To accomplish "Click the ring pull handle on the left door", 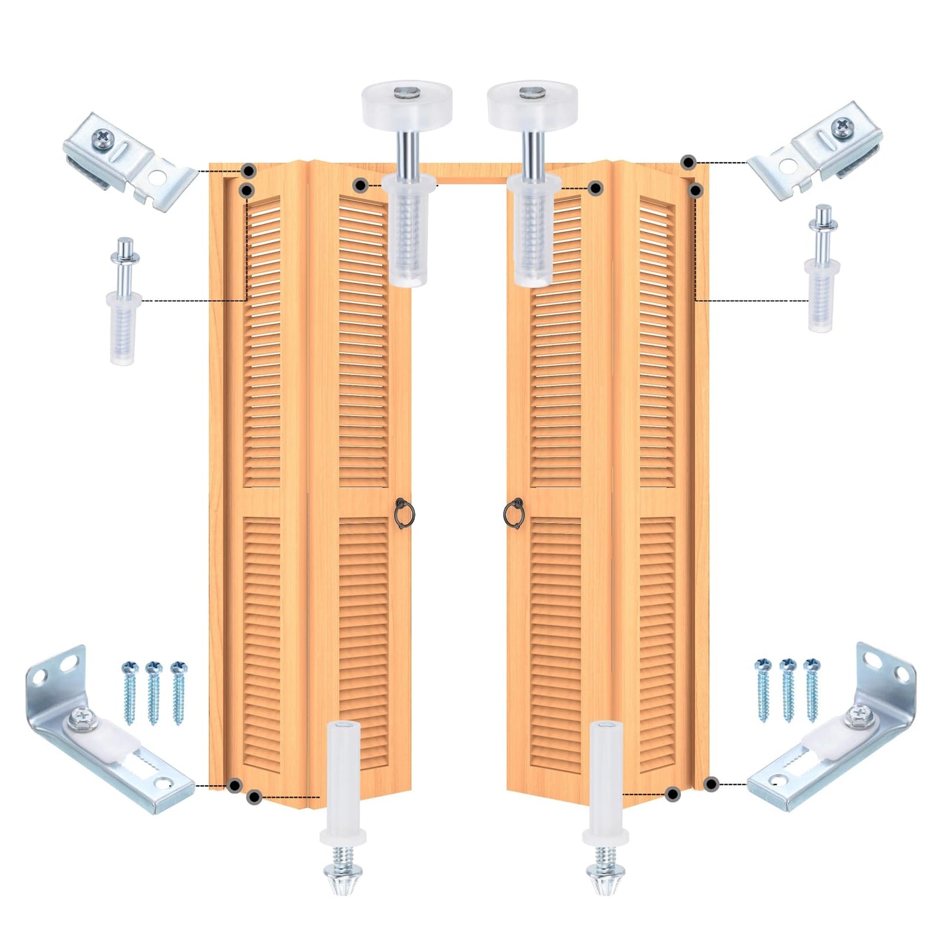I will point(402,513).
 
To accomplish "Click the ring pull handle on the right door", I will point(513,513).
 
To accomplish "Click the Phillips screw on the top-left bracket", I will point(103,137).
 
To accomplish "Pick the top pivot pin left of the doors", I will point(123,301).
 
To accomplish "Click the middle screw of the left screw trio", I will point(154,692).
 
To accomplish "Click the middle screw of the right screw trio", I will point(788,689).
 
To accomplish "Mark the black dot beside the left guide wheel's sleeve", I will point(360,186).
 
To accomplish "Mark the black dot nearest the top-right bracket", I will point(688,162).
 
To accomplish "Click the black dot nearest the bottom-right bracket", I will point(711,783).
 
